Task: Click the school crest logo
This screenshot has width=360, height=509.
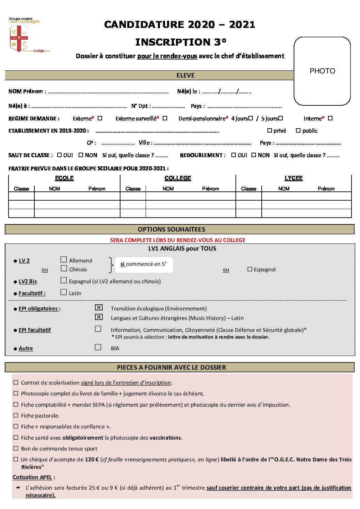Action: (x=19, y=38)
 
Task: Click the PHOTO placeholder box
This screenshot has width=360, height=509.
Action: (x=322, y=71)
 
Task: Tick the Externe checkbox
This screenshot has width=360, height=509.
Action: (x=100, y=118)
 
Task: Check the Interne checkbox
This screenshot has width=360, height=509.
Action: (x=330, y=118)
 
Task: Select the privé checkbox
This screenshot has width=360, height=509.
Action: (x=269, y=131)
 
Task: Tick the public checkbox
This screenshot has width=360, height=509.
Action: (x=298, y=131)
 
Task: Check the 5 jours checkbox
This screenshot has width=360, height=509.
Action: (x=281, y=118)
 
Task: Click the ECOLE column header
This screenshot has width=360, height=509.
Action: (x=64, y=178)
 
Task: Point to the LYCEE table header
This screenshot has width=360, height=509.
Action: (x=293, y=178)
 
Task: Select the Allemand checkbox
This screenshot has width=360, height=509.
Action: (x=64, y=260)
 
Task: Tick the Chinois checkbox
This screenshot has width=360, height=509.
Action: (x=64, y=269)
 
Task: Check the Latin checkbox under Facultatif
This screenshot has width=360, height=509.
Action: (x=64, y=292)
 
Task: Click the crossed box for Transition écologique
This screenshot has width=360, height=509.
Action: (x=99, y=308)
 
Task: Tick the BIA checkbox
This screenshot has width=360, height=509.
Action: (x=98, y=347)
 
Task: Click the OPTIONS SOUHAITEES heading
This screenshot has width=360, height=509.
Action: (x=171, y=230)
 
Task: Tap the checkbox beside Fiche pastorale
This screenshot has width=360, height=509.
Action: (x=16, y=415)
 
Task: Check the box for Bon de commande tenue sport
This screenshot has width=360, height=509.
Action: (x=16, y=448)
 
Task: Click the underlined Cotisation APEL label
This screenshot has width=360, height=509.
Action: (x=32, y=477)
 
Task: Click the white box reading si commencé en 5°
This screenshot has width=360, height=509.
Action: (x=144, y=265)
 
